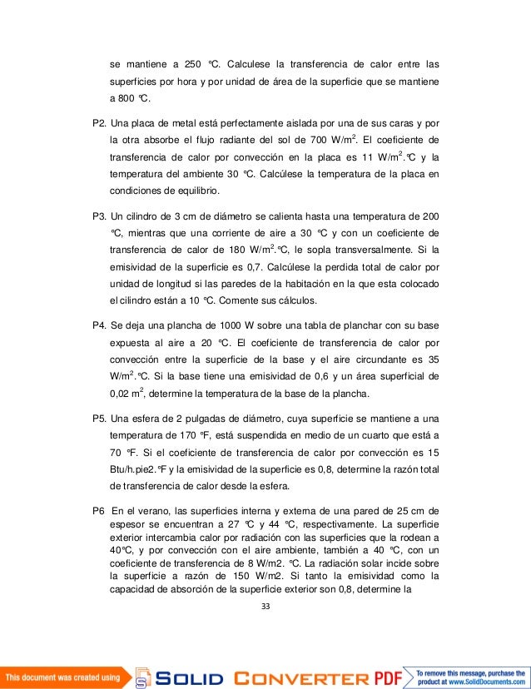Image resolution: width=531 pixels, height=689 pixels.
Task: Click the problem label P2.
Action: click(99, 123)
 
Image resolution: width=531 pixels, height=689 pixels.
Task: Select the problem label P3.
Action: click(99, 214)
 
